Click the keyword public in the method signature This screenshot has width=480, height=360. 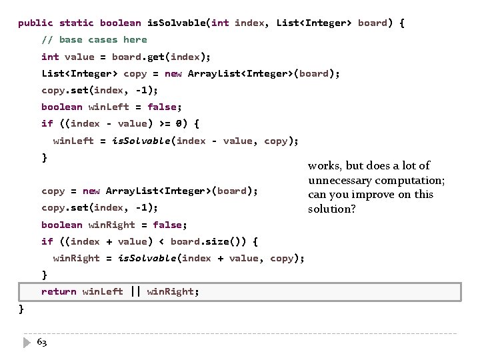35,23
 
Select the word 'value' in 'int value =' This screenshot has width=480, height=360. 79,57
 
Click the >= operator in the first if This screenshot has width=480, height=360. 158,123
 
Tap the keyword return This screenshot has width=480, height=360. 59,291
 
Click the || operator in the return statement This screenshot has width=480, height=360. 135,291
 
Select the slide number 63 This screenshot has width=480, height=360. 41,342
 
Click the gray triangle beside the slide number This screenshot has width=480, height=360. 26,342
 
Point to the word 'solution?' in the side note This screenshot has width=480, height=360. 331,209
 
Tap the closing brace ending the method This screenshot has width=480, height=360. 21,308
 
